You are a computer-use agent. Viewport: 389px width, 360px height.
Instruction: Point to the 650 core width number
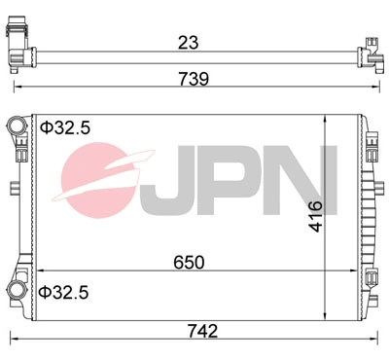coord(190,260)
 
